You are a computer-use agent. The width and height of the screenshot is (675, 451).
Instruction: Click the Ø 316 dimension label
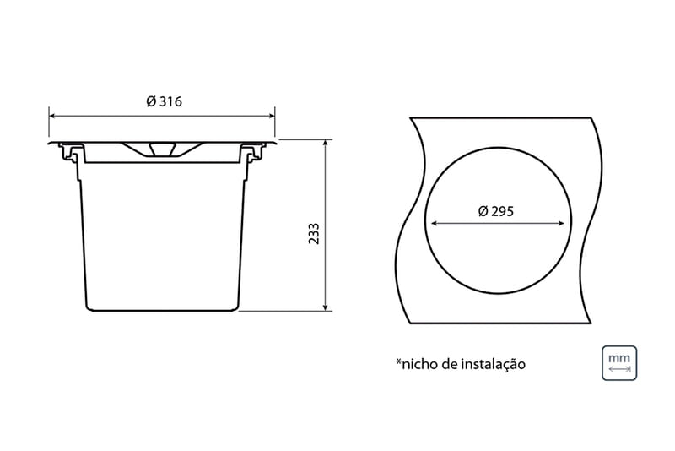tap(164, 101)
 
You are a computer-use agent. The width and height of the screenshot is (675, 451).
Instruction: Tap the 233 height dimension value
tap(314, 233)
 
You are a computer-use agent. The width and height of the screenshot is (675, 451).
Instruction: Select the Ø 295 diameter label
tap(496, 211)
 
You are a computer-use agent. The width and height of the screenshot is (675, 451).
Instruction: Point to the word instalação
tap(494, 364)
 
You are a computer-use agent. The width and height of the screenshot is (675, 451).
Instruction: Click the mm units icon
tap(619, 363)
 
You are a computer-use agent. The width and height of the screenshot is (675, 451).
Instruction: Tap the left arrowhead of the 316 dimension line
tap(52, 116)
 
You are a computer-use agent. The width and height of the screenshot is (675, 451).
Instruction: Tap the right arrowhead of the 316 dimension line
tap(272, 116)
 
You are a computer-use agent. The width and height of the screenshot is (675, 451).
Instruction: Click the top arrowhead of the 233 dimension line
tap(326, 143)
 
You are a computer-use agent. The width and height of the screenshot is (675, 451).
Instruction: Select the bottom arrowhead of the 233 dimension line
tap(326, 307)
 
